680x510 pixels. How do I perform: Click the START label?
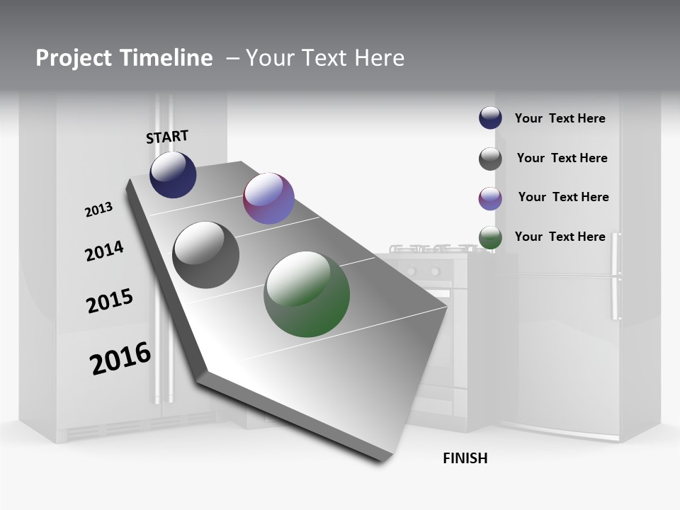167,137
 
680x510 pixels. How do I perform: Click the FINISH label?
465,458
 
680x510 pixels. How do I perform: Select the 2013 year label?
98,210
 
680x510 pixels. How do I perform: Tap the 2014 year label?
104,251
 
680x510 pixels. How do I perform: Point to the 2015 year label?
110,301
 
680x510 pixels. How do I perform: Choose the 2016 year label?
120,358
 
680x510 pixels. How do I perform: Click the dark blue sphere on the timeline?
173,174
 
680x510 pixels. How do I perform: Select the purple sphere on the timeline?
268,198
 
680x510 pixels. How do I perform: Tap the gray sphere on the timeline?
206,255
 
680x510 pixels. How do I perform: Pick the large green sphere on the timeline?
307,294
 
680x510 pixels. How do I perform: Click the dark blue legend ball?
490,118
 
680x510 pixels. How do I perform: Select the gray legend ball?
490,159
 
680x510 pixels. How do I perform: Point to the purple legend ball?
490,198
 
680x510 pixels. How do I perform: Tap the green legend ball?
490,238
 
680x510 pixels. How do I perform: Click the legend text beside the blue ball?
560,118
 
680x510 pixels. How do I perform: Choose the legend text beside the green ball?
560,237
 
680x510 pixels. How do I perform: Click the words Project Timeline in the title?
124,58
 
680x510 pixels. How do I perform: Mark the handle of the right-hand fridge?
615,276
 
